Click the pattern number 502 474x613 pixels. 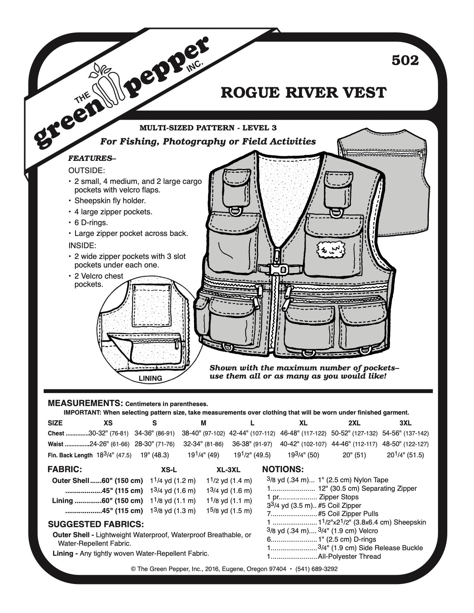(405, 60)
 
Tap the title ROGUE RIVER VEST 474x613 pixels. (303, 93)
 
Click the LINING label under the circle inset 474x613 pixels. (150, 378)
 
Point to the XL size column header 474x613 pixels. (303, 423)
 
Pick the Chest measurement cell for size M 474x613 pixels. (204, 433)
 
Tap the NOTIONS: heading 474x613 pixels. (283, 469)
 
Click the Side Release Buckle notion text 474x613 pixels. (370, 548)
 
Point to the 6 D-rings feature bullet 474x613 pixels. (91, 223)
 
